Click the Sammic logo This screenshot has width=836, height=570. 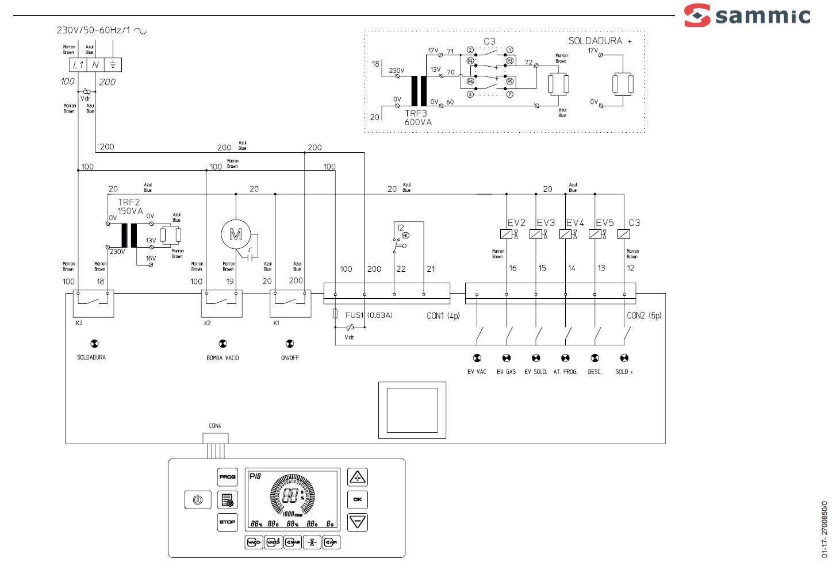click(747, 16)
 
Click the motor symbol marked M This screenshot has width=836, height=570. click(236, 234)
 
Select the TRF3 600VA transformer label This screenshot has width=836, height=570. click(418, 118)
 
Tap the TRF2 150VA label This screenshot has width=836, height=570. click(130, 207)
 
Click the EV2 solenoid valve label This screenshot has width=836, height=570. click(516, 223)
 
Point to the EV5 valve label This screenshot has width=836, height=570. click(604, 223)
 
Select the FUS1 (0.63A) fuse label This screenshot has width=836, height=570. click(369, 315)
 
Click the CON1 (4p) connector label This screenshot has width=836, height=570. click(443, 316)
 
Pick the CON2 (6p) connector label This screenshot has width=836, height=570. click(644, 316)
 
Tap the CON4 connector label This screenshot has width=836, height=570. click(215, 426)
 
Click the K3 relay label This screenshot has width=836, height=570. click(79, 323)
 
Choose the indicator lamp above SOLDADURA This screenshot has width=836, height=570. click(94, 344)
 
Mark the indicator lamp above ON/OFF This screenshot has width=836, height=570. click(290, 344)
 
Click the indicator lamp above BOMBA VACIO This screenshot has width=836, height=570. click(223, 344)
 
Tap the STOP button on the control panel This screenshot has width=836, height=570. click(227, 522)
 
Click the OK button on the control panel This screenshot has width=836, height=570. click(357, 499)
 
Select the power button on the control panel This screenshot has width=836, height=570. click(197, 500)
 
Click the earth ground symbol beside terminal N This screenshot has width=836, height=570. click(113, 64)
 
